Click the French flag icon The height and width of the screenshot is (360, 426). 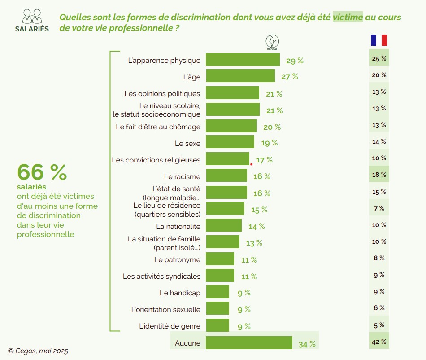[x=379, y=40]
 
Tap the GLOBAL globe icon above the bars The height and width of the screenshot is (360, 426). [x=272, y=42]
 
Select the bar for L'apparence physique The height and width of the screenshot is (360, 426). [x=243, y=60]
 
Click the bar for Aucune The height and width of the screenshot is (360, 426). [x=249, y=343]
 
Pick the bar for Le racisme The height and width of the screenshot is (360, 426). [x=226, y=176]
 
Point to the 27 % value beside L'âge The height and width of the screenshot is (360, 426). [x=290, y=76]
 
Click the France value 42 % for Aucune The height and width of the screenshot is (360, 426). [x=379, y=342]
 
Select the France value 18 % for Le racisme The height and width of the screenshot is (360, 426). [x=379, y=174]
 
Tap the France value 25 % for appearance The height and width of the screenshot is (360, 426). [x=379, y=58]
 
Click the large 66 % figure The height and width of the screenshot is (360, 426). [x=42, y=172]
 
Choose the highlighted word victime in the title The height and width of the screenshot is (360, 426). [x=348, y=18]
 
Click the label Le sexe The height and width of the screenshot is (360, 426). [x=187, y=144]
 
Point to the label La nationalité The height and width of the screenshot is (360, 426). [x=178, y=226]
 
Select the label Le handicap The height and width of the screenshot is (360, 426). [x=180, y=293]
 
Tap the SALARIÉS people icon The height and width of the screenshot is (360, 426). [x=32, y=16]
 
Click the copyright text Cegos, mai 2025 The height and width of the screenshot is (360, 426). [x=38, y=351]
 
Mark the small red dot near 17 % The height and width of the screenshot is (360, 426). [x=251, y=164]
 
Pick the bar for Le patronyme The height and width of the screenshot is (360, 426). [x=220, y=259]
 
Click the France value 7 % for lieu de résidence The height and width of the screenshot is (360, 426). [x=379, y=208]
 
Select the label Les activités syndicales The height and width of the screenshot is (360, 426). [x=161, y=276]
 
